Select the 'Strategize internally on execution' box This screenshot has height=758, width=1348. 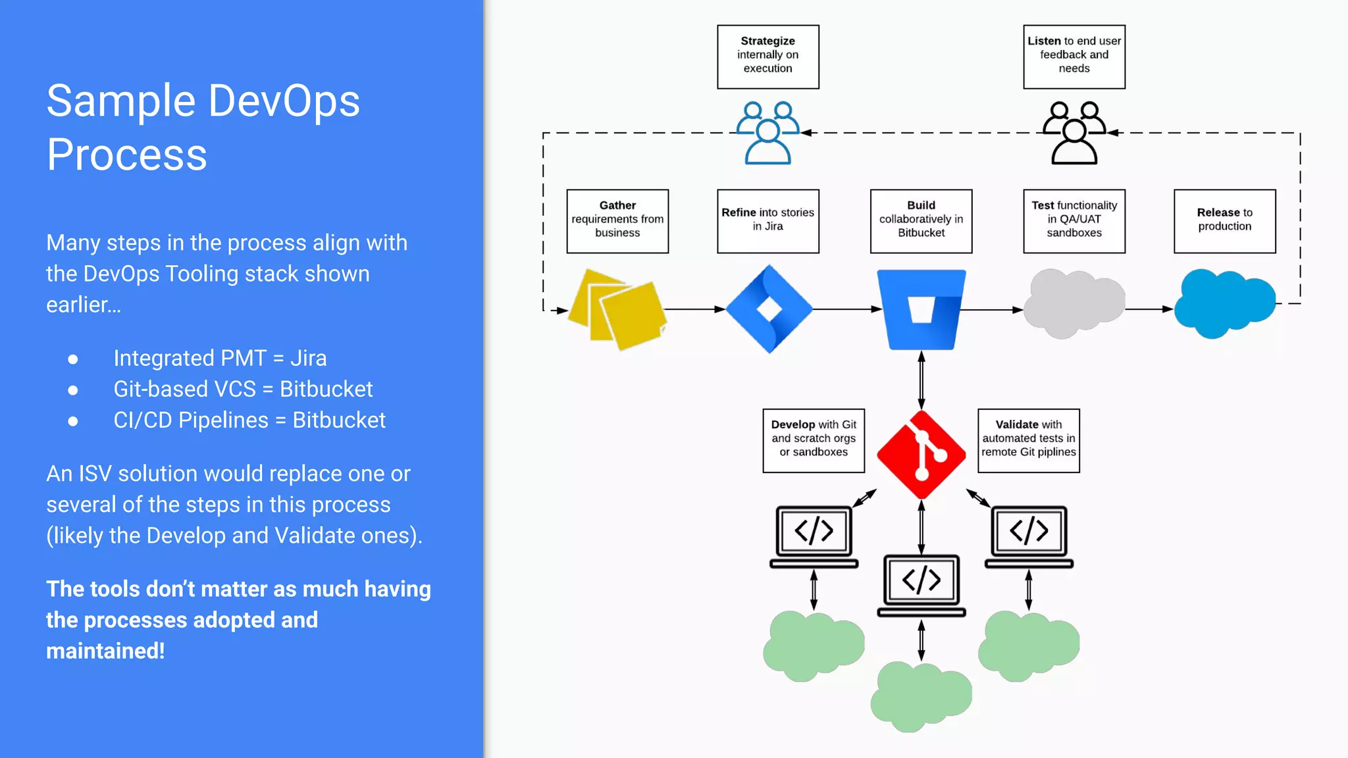point(767,57)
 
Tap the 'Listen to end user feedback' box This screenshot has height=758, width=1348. point(1074,57)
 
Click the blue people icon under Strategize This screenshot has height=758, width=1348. point(767,133)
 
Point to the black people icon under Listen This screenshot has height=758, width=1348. point(1074,133)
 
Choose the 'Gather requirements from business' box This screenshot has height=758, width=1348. point(617,221)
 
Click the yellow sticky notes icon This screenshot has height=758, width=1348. point(617,309)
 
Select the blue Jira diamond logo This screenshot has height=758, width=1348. point(769,309)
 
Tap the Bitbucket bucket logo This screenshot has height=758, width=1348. point(921,309)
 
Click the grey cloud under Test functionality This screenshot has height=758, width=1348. point(1074,304)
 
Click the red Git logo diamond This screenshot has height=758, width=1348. point(921,455)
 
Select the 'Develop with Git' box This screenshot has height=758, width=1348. point(813,440)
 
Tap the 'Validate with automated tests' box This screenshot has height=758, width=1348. point(1028,440)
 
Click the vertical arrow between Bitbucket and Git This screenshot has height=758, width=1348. point(921,380)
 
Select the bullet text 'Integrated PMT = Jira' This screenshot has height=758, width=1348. point(220,358)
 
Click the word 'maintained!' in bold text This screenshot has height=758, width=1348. point(105,651)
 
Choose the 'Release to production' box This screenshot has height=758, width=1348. point(1224,221)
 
